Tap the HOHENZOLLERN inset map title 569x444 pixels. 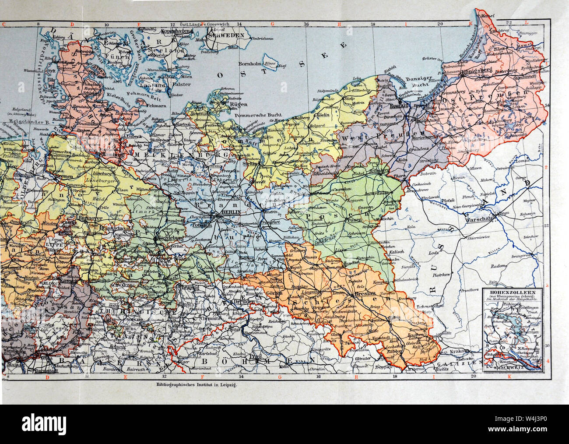tap(513, 291)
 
